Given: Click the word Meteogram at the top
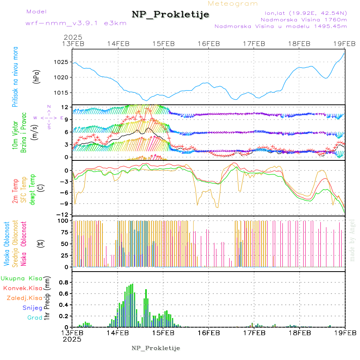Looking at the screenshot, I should [x=233, y=4].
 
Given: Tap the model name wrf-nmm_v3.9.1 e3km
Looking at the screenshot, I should [x=76, y=23].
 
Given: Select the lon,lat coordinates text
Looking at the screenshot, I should [x=303, y=13].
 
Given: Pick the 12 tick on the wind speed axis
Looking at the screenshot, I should [x=64, y=107].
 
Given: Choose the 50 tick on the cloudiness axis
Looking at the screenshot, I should [x=64, y=244].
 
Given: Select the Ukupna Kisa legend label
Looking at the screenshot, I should [x=22, y=278].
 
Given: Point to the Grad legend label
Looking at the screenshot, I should [x=34, y=318].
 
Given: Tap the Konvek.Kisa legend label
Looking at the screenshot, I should [x=23, y=288].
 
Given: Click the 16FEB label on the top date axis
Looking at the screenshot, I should [x=209, y=43].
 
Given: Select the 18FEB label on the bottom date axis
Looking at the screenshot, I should [x=300, y=333].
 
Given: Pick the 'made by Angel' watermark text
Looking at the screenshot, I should [x=352, y=240].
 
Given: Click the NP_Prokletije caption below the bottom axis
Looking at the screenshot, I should [x=156, y=348].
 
